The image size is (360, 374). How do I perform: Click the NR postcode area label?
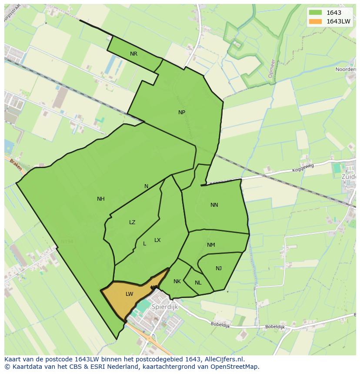point(133,54)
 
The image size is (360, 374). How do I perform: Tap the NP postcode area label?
point(182,112)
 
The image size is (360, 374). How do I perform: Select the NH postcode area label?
point(101,199)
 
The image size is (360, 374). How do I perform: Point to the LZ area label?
point(132,222)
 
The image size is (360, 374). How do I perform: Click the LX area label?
point(157,240)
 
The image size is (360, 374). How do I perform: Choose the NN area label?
point(214,205)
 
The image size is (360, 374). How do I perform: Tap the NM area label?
point(211,245)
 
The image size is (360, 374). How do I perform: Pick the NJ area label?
point(219,268)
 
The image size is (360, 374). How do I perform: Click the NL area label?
point(198,283)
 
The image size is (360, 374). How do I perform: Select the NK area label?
point(177,281)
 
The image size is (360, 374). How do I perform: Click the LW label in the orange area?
point(129,294)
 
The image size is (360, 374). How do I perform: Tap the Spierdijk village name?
point(165,307)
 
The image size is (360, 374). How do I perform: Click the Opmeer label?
point(271,68)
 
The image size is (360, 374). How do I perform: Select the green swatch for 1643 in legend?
point(315,13)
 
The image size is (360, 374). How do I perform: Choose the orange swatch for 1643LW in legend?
point(315,21)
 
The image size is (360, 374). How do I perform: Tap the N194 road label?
point(67,242)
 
